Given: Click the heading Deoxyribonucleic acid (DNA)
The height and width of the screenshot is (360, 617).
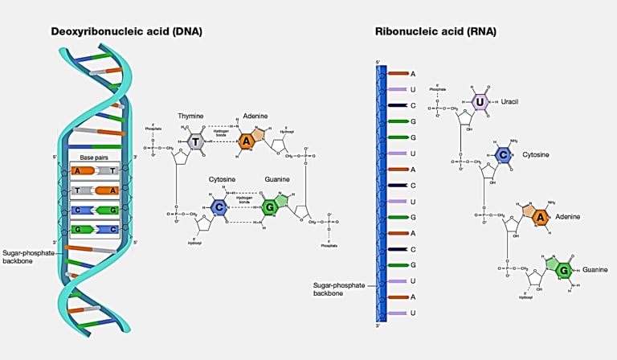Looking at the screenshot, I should (126, 32).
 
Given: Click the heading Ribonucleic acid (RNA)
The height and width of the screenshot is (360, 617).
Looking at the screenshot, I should (435, 32).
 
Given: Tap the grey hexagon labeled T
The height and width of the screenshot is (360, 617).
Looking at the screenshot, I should (196, 141).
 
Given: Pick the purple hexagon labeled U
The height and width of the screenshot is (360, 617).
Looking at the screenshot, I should (479, 101).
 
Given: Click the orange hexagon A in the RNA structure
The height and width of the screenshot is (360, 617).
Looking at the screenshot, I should (541, 217).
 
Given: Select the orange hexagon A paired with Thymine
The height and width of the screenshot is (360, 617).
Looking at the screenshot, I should (248, 141).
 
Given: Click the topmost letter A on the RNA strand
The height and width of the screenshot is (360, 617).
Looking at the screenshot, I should (413, 74).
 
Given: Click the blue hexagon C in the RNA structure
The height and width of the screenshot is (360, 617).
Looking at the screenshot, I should (502, 156).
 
